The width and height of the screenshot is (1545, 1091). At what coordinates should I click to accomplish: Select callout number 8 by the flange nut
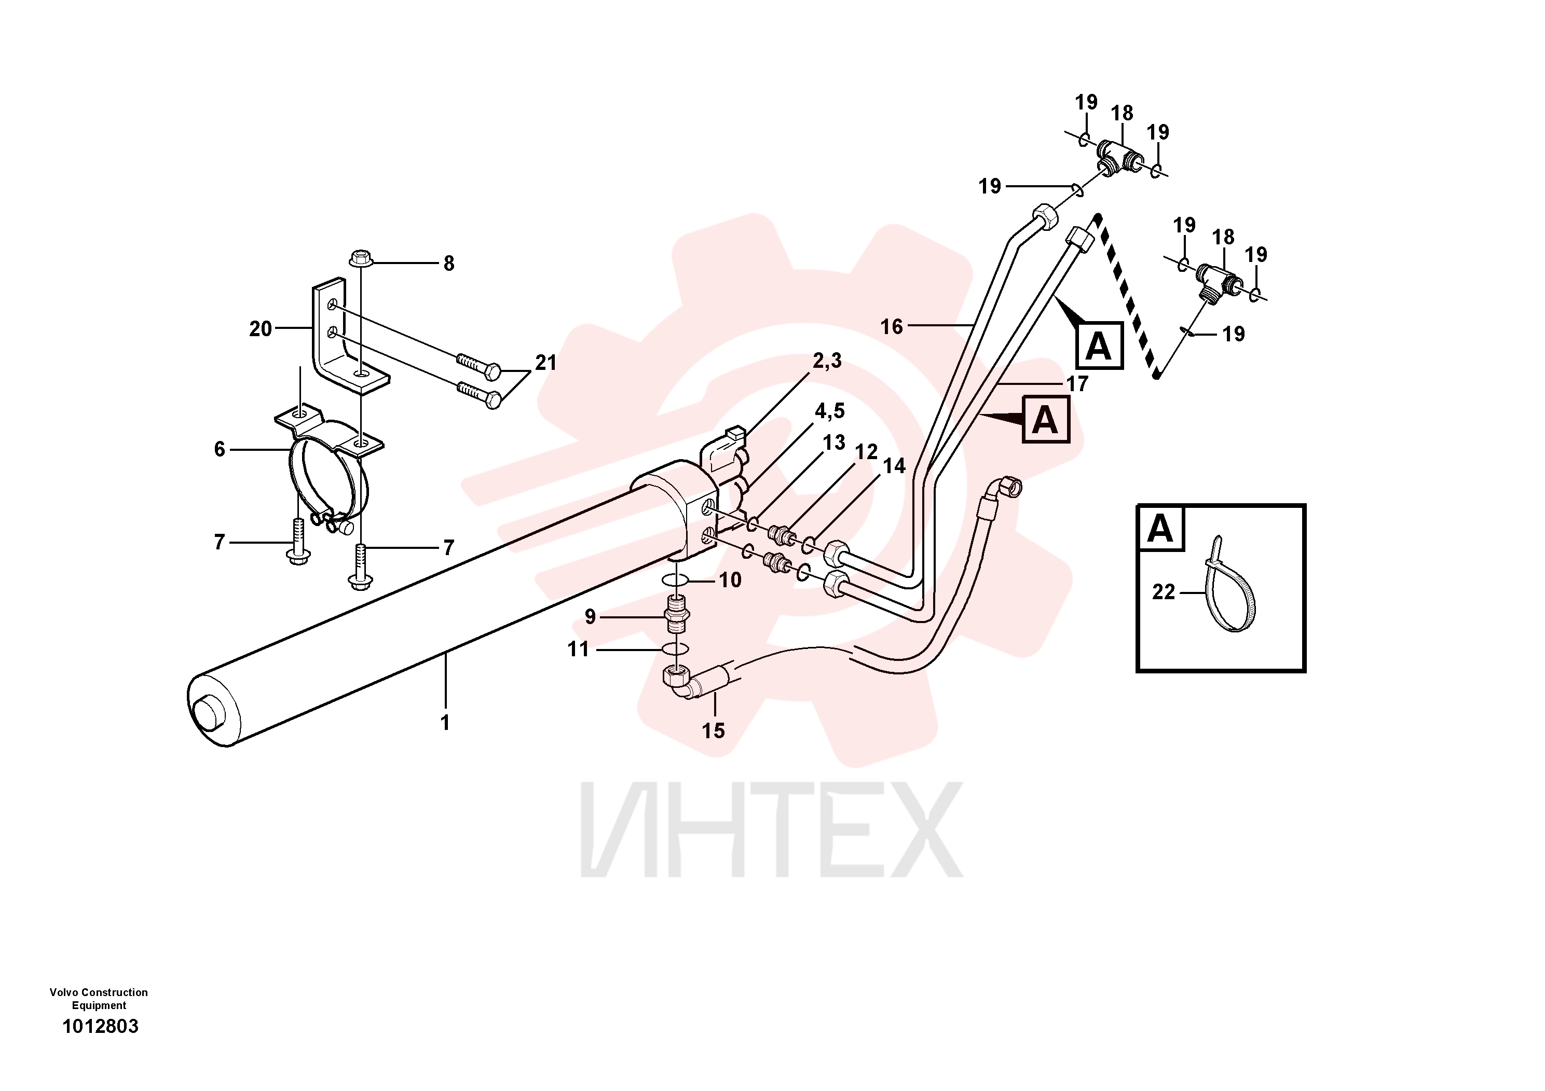[449, 263]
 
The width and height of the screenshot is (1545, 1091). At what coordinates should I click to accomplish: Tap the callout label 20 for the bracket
[261, 328]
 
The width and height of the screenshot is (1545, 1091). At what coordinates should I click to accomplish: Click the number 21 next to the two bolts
[546, 363]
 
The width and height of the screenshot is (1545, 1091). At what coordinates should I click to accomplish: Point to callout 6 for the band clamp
[220, 449]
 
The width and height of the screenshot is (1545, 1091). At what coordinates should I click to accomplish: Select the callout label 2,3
[827, 361]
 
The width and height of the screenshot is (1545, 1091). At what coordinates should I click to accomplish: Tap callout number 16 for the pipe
[892, 326]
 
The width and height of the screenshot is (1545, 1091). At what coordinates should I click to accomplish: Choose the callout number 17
[1077, 383]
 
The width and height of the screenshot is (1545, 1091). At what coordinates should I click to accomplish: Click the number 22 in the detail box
[1164, 592]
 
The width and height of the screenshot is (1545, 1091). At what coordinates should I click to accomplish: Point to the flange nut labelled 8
[361, 259]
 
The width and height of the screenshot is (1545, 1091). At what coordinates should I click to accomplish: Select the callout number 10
[730, 580]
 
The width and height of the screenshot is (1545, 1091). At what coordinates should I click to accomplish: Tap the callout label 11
[578, 649]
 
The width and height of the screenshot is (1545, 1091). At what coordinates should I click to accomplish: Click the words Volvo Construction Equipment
[99, 998]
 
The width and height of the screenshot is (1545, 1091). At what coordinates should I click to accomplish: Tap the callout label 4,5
[830, 411]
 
